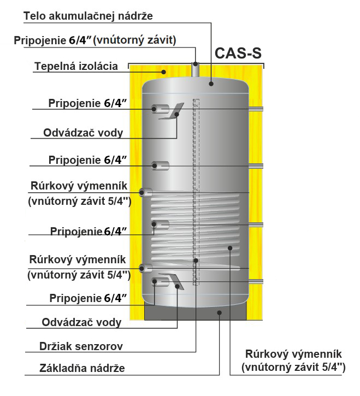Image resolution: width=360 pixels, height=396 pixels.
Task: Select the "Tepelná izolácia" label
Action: (76, 67)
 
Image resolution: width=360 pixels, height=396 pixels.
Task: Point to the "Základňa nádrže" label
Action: (82, 368)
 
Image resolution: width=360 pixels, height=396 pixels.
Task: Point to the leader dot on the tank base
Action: (219, 312)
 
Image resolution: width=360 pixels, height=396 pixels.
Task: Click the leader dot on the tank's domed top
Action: (212, 84)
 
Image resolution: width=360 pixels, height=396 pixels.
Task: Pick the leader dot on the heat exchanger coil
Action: (231, 248)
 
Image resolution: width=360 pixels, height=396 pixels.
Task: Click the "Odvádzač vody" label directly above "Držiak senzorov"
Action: (81, 322)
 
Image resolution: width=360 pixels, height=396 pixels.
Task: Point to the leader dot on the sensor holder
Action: (196, 261)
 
